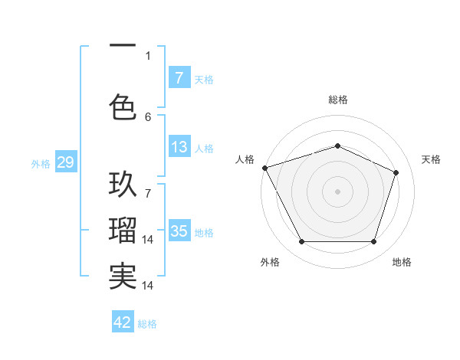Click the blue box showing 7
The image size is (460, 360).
[179, 78]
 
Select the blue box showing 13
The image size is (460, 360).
[179, 147]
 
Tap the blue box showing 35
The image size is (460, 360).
[179, 231]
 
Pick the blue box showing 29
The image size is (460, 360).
[65, 162]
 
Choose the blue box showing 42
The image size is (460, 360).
[123, 322]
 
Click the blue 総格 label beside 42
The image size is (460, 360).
[147, 323]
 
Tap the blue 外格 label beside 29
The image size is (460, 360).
[41, 163]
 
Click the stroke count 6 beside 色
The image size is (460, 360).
[148, 116]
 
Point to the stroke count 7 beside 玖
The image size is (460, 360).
[148, 185]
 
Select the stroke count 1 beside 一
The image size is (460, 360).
[148, 55]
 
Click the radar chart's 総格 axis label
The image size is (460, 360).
[338, 100]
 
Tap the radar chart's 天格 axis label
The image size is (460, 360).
[432, 159]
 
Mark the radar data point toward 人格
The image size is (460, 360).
[264, 168]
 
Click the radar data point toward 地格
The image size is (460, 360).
[373, 242]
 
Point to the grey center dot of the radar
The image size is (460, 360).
[337, 191]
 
